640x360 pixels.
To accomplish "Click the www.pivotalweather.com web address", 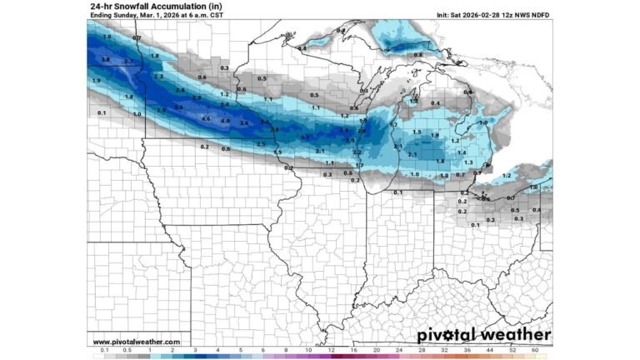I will (x=136, y=342).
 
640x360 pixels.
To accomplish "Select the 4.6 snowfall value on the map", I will (x=206, y=119).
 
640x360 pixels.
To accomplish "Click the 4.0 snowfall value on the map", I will (x=225, y=121).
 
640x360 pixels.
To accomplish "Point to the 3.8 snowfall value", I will (x=105, y=60).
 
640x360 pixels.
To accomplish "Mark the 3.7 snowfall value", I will (x=128, y=62).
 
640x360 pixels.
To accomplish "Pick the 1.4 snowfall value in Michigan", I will (x=461, y=153).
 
